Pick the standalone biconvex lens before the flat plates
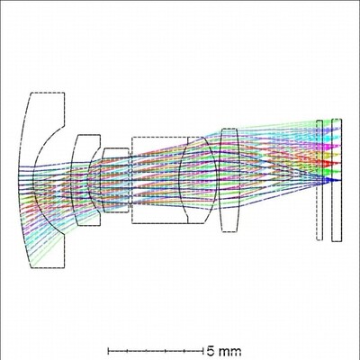[x=227, y=180]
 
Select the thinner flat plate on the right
[x=319, y=180]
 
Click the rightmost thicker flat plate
[x=336, y=180]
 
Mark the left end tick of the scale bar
[x=109, y=347]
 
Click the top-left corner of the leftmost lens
[x=31, y=93]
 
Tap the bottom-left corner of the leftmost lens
[x=31, y=267]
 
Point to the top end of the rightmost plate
[x=336, y=119]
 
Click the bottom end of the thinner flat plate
[x=319, y=240]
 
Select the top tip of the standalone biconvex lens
[x=227, y=129]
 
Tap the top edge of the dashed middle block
[x=159, y=137]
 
